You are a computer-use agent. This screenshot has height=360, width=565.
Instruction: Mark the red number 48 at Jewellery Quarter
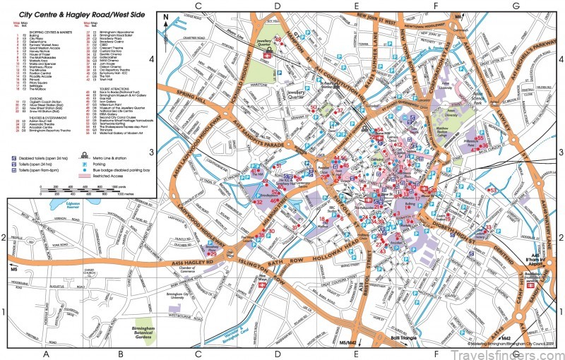[x=278, y=40]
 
